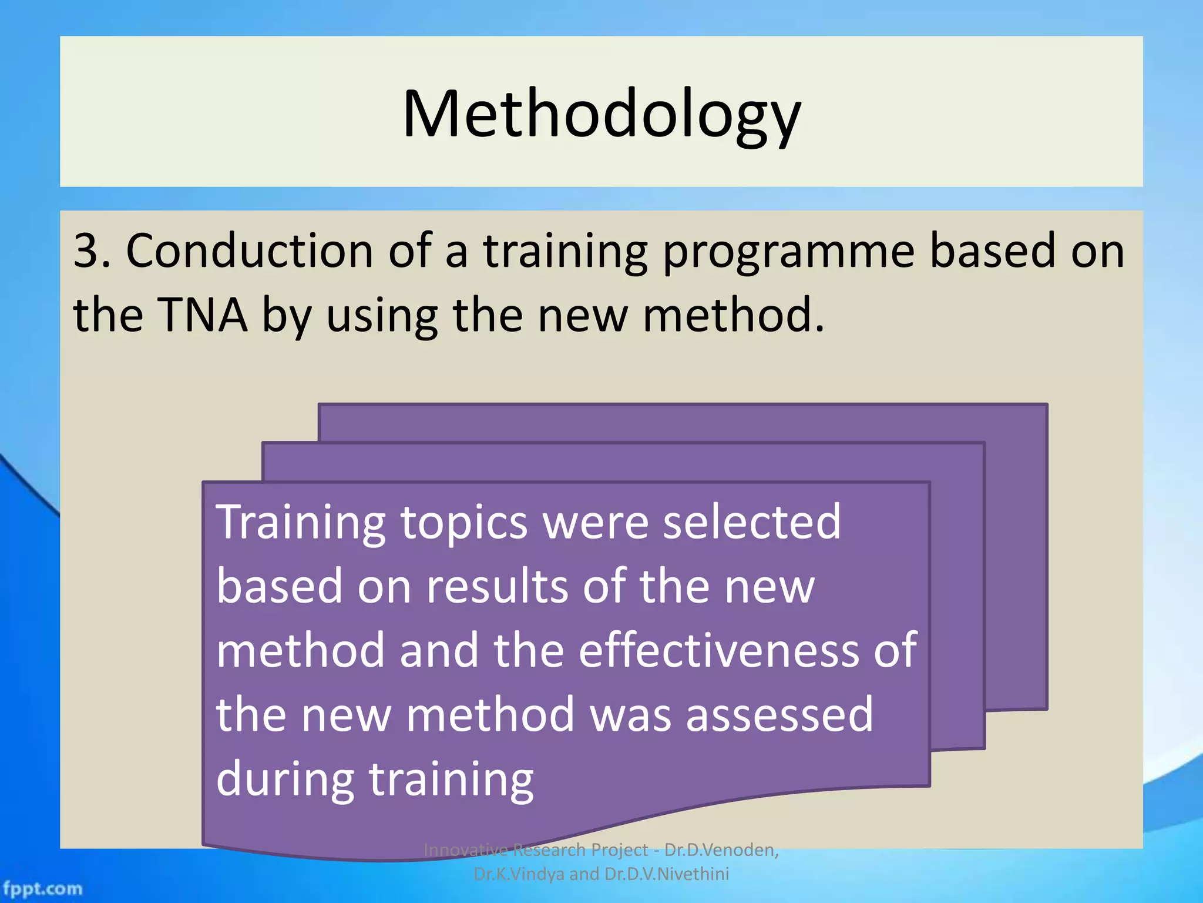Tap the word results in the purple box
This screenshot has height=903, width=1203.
[x=497, y=587]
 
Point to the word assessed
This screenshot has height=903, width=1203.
[x=779, y=715]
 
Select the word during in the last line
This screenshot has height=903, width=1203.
[x=285, y=780]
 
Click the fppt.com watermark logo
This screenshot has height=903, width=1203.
[x=42, y=888]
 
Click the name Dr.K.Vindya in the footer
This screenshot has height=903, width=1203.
[x=518, y=874]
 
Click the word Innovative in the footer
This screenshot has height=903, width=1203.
[x=465, y=850]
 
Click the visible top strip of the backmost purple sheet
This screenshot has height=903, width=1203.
[x=681, y=422]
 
